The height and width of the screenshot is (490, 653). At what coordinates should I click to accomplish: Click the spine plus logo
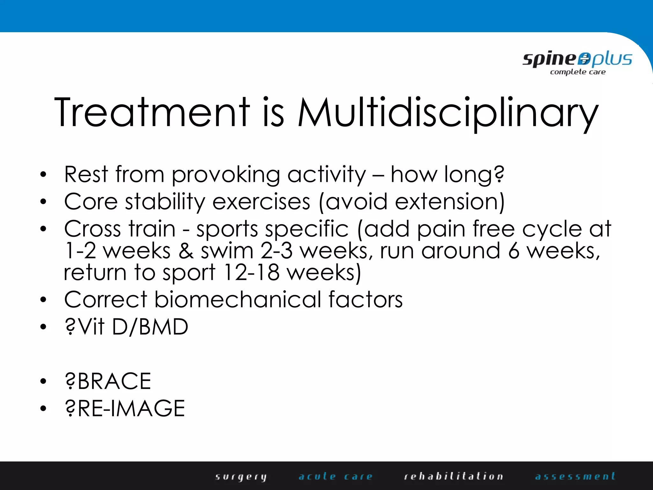pyautogui.click(x=577, y=60)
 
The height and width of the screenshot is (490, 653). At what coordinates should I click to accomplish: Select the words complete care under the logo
pyautogui.click(x=578, y=72)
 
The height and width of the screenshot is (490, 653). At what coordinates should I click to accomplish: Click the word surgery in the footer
pyautogui.click(x=241, y=477)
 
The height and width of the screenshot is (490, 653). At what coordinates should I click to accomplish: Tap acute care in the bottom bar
pyautogui.click(x=335, y=476)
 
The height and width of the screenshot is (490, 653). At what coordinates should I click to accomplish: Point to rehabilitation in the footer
pyautogui.click(x=453, y=476)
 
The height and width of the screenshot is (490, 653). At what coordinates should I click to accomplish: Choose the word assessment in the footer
pyautogui.click(x=575, y=476)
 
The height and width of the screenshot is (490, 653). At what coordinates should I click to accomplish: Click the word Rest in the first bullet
pyautogui.click(x=86, y=174)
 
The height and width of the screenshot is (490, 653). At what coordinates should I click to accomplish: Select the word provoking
pyautogui.click(x=226, y=175)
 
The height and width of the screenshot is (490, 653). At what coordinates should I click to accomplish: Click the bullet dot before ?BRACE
pyautogui.click(x=43, y=381)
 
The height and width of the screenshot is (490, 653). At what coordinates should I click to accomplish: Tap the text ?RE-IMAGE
pyautogui.click(x=125, y=408)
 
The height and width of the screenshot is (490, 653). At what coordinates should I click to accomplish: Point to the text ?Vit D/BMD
pyautogui.click(x=126, y=327)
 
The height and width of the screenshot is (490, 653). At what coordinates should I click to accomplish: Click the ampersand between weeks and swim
pyautogui.click(x=186, y=251)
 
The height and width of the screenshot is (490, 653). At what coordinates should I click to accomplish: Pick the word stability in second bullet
pyautogui.click(x=165, y=202)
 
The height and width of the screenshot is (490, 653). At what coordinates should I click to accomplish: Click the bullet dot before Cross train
pyautogui.click(x=43, y=229)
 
